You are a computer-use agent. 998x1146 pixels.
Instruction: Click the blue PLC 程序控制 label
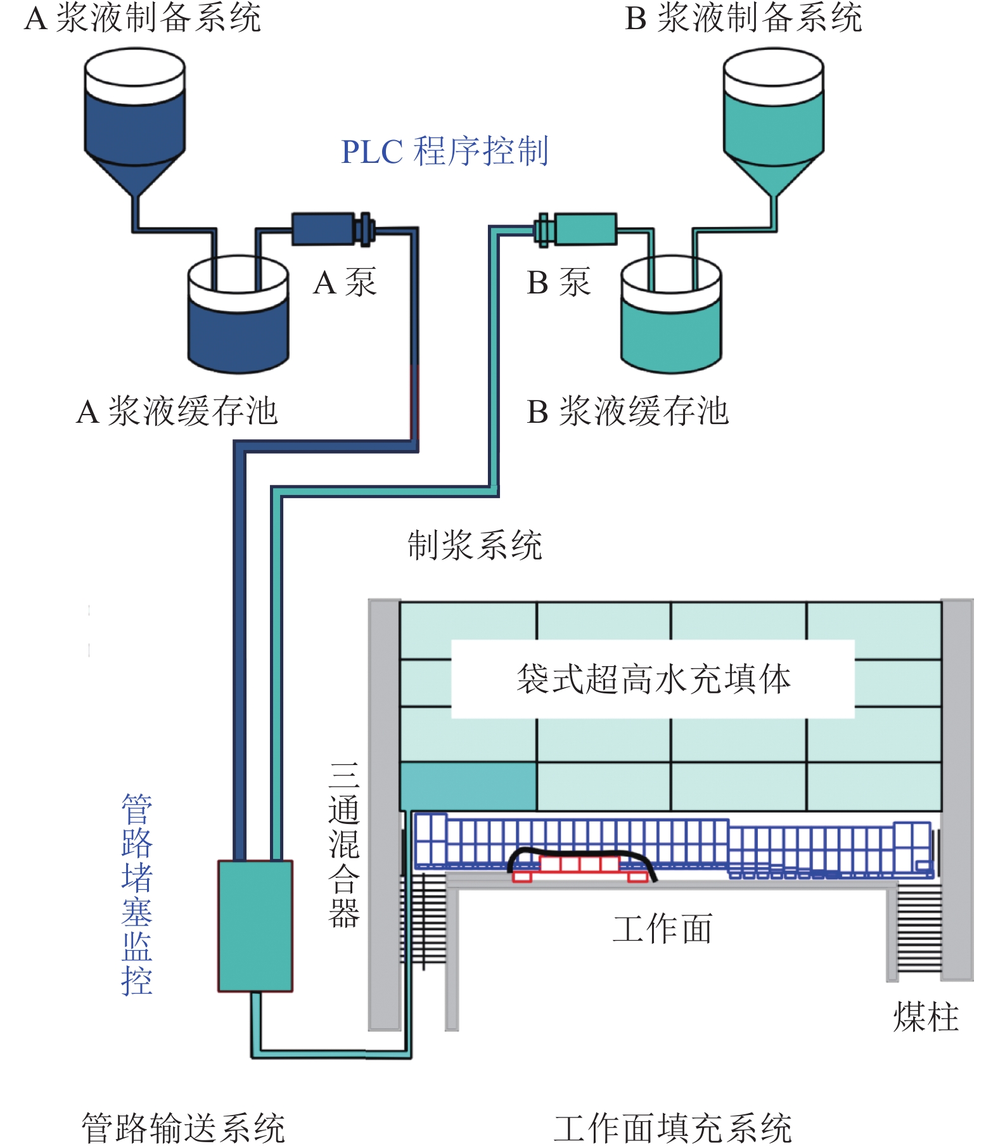tap(444, 151)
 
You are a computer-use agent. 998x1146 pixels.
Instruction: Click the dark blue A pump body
tap(323, 229)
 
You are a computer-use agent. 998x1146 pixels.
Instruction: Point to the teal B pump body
tap(585, 229)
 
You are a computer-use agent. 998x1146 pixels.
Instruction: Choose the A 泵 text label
tap(345, 283)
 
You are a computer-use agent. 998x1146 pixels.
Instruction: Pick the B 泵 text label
tap(558, 283)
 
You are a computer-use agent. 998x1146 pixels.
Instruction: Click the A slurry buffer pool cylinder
tap(238, 330)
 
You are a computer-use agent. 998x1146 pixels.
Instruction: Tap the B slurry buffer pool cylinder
tap(670, 330)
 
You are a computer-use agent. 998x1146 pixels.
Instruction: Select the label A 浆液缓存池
tap(177, 411)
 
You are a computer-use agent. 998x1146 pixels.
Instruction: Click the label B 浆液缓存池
tap(628, 411)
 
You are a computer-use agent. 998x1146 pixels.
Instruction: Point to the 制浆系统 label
tap(475, 545)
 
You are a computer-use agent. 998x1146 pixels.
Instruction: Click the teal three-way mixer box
tap(255, 925)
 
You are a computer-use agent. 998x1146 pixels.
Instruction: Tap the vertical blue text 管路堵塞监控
tap(137, 894)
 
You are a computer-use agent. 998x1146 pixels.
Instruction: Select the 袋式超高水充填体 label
tap(653, 679)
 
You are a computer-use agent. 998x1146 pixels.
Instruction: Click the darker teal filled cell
tap(468, 787)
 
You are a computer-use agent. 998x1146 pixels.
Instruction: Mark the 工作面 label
tap(663, 929)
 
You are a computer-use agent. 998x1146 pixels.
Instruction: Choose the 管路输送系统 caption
tap(183, 1128)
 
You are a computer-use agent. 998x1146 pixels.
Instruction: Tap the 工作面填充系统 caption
tap(672, 1128)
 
